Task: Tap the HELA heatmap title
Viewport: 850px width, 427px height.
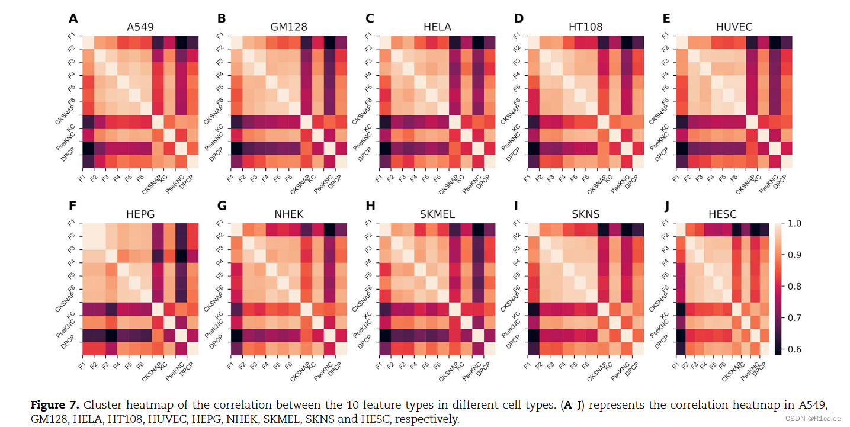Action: click(x=437, y=27)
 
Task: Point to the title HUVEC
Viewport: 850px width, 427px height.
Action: click(x=733, y=27)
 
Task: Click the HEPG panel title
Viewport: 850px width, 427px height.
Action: click(x=140, y=214)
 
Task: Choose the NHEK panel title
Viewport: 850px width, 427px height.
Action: click(x=288, y=214)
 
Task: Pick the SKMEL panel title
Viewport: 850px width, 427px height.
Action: click(x=437, y=214)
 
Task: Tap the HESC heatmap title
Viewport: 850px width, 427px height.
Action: click(x=734, y=214)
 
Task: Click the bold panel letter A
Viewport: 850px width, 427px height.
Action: click(x=73, y=19)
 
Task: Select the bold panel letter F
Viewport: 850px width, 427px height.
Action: click(x=73, y=207)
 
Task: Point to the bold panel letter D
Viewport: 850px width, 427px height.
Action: click(x=519, y=19)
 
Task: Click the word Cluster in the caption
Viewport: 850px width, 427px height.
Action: click(x=101, y=406)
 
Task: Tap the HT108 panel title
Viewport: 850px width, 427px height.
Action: click(x=585, y=27)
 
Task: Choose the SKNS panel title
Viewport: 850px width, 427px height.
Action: click(x=586, y=214)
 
